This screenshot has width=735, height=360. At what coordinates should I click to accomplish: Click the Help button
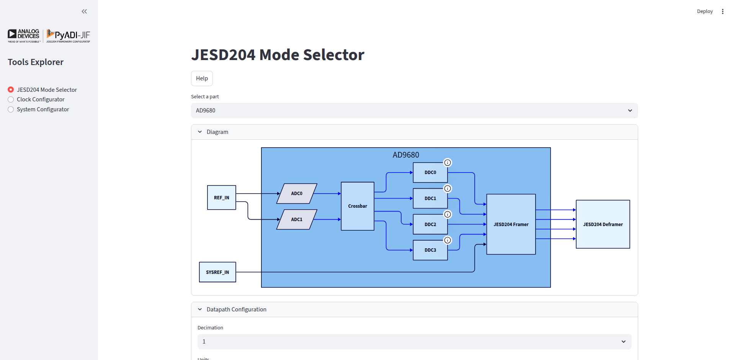(202, 78)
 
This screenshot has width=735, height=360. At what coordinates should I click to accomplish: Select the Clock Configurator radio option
(11, 99)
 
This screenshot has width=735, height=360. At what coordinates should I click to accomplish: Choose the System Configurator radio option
(11, 109)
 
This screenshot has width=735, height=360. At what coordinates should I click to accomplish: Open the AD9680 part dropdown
(414, 111)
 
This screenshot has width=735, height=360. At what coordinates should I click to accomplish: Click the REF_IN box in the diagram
(221, 197)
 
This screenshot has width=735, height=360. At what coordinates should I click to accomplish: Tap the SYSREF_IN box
(217, 272)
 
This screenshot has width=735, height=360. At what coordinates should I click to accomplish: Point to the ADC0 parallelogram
(297, 194)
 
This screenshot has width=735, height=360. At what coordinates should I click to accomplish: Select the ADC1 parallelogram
(297, 220)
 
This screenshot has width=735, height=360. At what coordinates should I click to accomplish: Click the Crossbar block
(357, 206)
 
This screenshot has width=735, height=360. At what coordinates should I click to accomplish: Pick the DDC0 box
(430, 173)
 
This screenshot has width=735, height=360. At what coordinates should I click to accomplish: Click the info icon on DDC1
(448, 189)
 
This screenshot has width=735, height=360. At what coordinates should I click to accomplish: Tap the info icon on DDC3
(448, 240)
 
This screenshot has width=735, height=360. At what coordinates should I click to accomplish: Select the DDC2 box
(430, 225)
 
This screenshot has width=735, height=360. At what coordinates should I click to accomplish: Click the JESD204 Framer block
(511, 225)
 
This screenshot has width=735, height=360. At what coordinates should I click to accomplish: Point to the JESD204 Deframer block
(603, 225)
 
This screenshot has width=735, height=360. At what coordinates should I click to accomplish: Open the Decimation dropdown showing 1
(414, 342)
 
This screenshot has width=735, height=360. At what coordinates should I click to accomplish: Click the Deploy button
(704, 11)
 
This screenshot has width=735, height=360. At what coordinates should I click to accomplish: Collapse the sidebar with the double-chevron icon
(84, 11)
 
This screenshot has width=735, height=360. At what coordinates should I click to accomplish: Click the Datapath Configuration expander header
(236, 310)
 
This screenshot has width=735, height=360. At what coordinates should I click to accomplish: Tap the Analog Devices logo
(24, 36)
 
